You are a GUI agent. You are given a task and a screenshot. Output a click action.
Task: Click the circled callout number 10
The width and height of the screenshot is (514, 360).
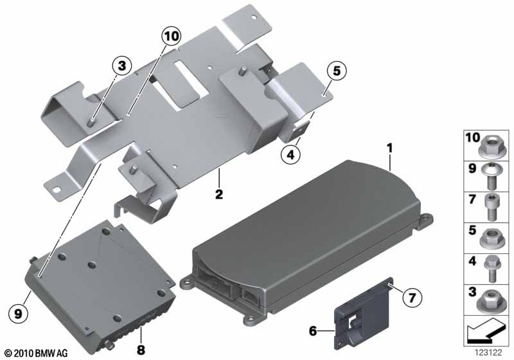(172, 36)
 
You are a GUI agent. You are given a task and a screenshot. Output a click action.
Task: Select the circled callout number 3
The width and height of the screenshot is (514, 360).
(121, 66)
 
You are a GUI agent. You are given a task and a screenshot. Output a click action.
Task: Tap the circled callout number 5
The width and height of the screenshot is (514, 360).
(337, 71)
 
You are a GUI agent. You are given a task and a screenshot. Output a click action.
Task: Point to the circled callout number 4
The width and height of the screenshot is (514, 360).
(290, 154)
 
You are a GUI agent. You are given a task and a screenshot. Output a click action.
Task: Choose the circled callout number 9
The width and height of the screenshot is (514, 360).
(19, 314)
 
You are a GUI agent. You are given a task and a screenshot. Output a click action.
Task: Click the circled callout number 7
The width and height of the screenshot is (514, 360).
(412, 298)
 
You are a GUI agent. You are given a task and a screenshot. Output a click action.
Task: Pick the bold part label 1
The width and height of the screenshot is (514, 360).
(389, 148)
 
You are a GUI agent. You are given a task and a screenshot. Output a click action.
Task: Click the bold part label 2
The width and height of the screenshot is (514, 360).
(218, 194)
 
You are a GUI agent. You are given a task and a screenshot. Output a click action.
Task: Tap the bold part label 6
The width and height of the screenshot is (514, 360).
(313, 331)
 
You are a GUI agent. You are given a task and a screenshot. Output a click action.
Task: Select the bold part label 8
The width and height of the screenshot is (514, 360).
(141, 350)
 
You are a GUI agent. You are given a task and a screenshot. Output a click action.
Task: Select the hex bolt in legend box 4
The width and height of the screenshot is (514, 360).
(491, 269)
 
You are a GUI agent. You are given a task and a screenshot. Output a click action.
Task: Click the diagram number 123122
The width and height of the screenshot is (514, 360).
(489, 352)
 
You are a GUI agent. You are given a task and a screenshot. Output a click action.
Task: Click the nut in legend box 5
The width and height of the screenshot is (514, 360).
(490, 239)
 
